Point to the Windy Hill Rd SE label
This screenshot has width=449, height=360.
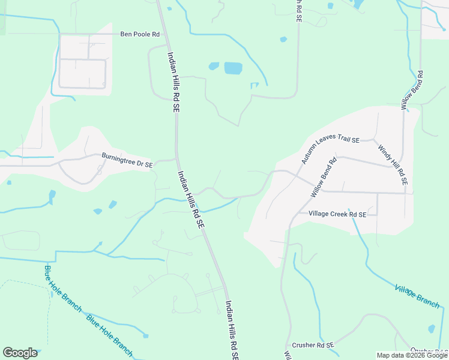[393, 161]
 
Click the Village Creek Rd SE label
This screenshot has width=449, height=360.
[337, 214]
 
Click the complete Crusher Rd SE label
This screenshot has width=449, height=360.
[313, 345]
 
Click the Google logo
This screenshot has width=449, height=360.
[20, 353]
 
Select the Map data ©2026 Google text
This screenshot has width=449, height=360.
[412, 355]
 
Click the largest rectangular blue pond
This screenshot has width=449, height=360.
[233, 68]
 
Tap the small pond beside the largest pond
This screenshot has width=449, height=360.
[214, 66]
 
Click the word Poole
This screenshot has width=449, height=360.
[143, 34]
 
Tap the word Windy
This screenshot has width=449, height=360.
[383, 149]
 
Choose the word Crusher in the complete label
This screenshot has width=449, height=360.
[305, 345]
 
